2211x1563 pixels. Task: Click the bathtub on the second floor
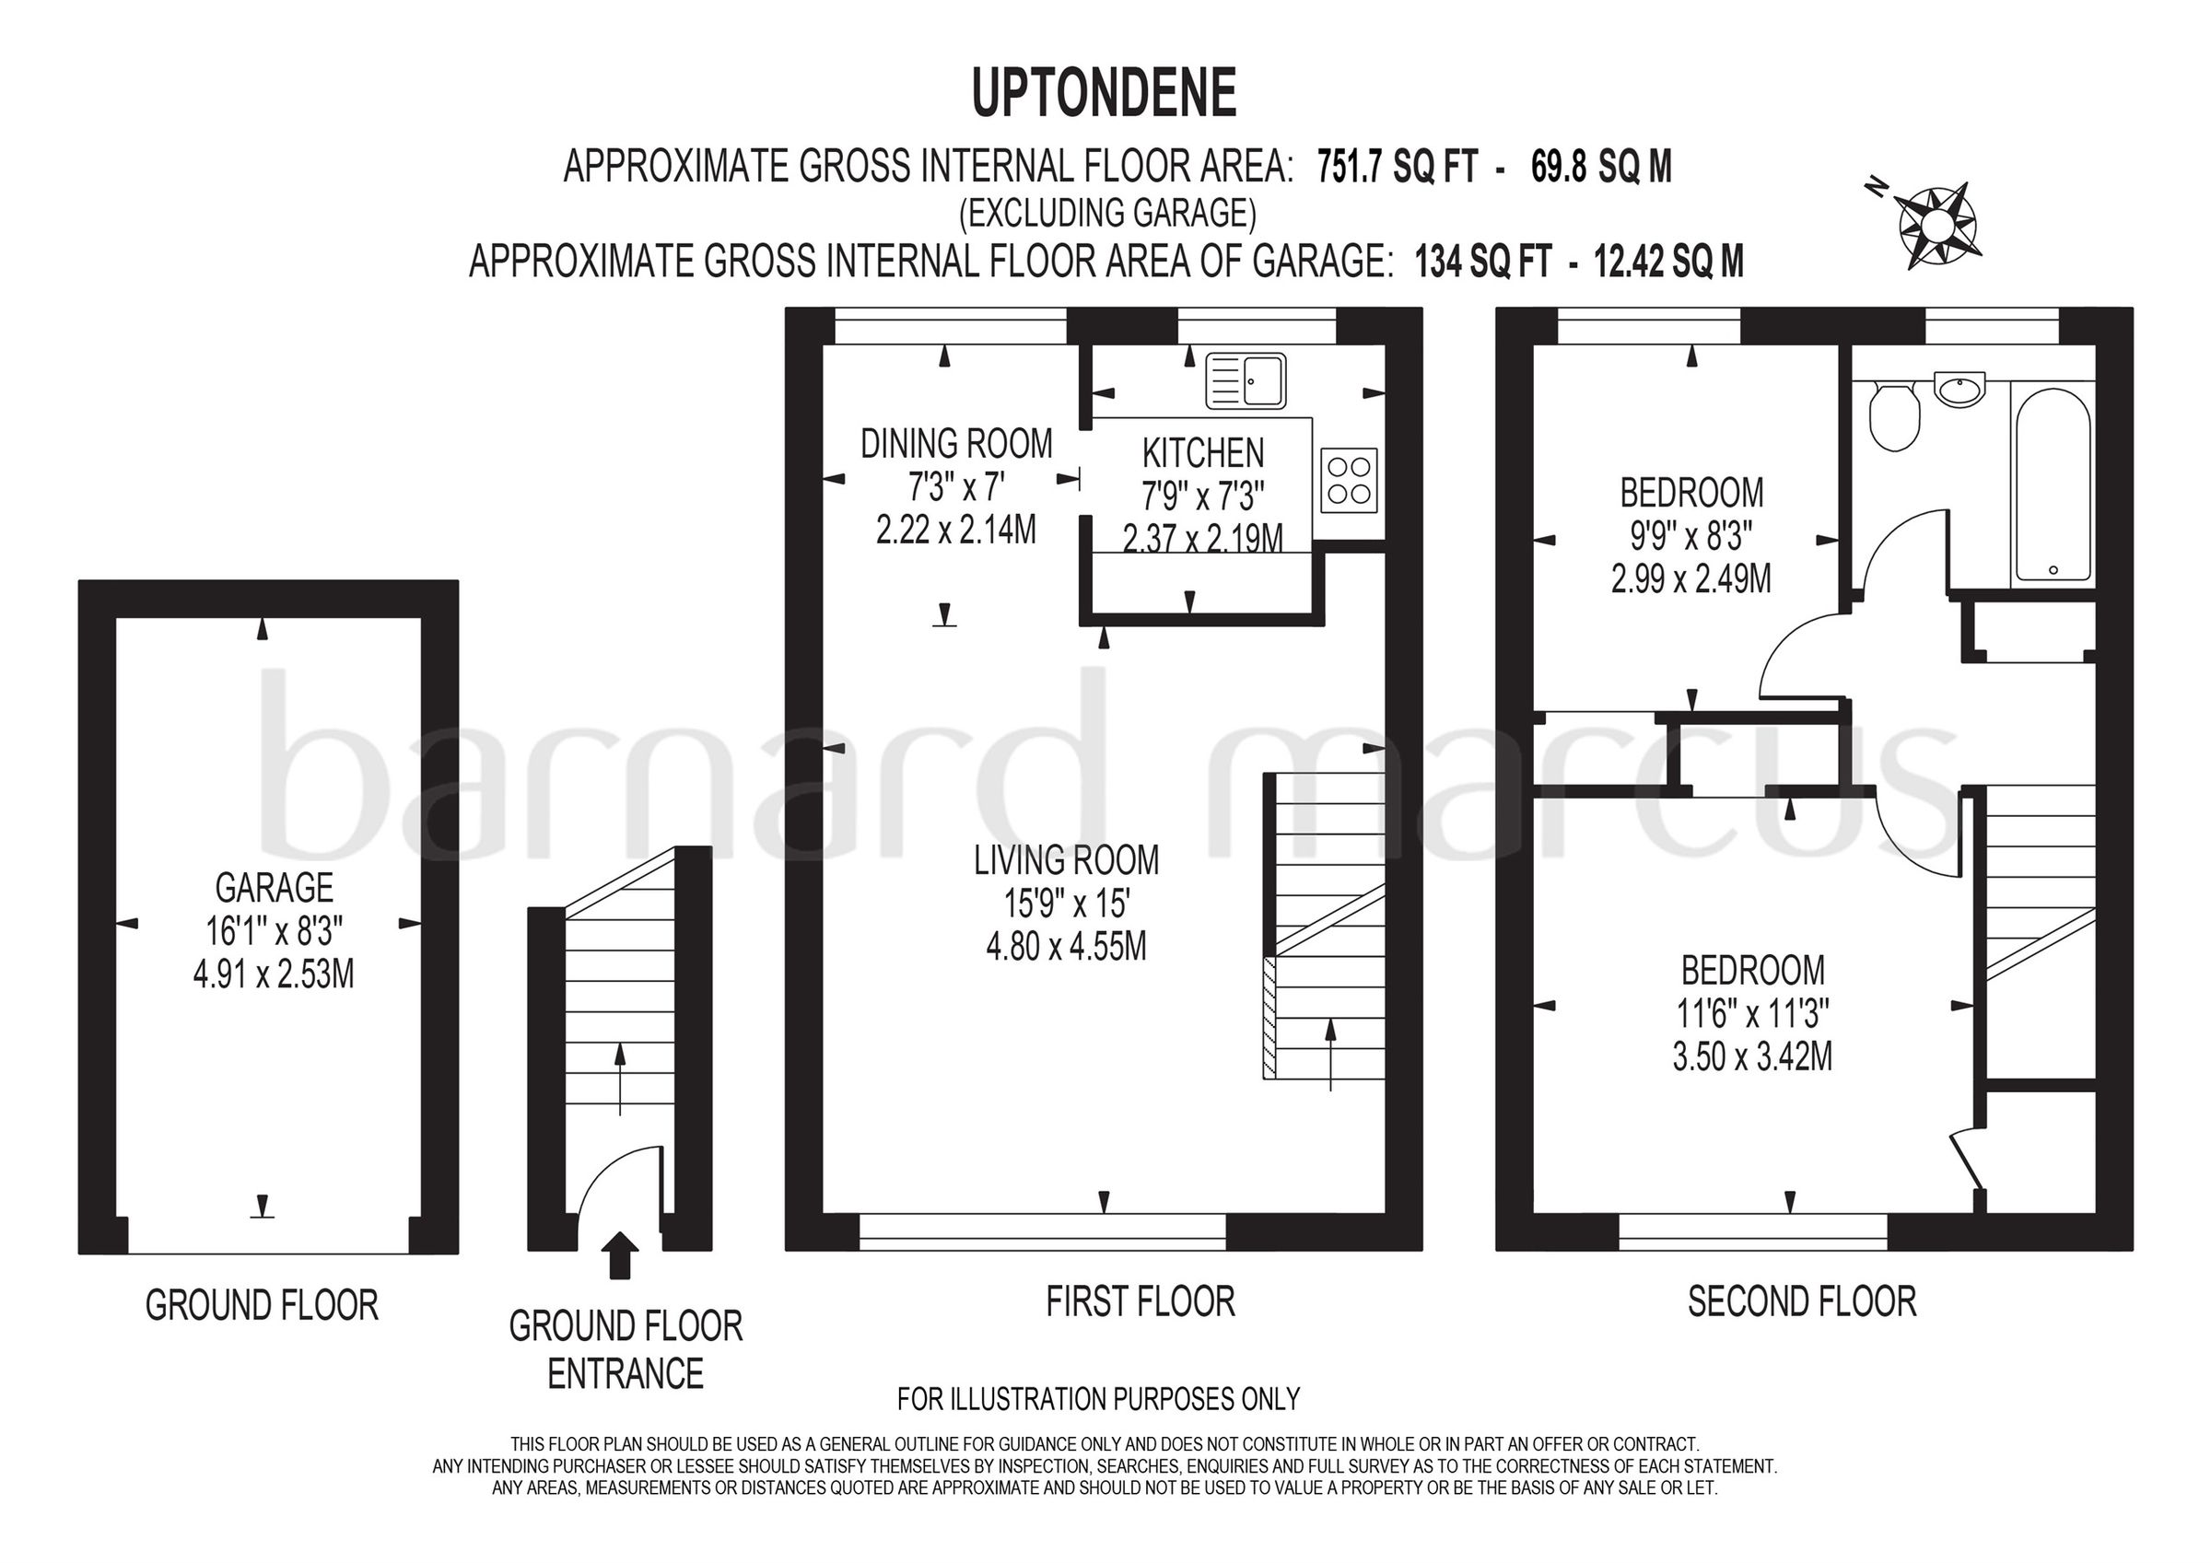tap(2053, 484)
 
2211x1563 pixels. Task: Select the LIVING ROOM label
tap(1066, 860)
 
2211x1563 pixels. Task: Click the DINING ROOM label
tap(955, 444)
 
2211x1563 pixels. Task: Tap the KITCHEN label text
tap(1203, 452)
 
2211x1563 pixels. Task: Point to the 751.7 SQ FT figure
tap(1398, 168)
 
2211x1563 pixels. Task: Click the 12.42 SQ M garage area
tap(1668, 261)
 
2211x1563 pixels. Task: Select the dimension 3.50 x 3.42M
tap(1751, 1057)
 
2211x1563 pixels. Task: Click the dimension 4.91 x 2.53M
tap(274, 974)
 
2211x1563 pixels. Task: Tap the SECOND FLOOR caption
tap(1802, 1302)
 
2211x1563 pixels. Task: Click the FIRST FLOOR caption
tap(1141, 1302)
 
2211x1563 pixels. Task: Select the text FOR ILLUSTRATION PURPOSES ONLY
tap(1098, 1398)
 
